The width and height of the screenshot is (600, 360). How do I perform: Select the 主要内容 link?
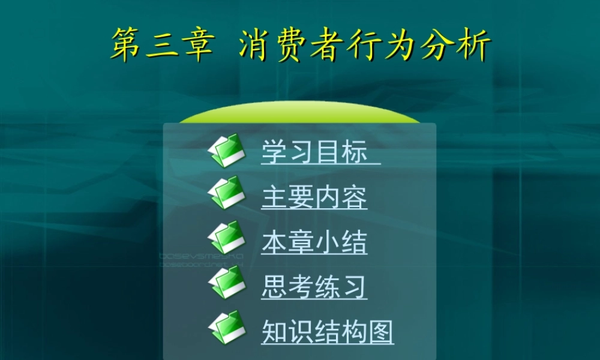click(x=314, y=197)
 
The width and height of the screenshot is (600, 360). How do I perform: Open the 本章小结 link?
click(x=314, y=242)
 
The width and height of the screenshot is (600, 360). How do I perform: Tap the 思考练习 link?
click(x=314, y=287)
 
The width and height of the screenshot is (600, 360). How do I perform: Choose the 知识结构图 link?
click(x=327, y=332)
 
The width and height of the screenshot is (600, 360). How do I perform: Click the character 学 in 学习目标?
click(x=274, y=152)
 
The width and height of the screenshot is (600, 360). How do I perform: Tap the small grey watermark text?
click(x=201, y=259)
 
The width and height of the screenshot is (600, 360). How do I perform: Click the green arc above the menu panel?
click(x=300, y=114)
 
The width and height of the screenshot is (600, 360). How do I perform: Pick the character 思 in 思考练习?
click(x=274, y=287)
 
